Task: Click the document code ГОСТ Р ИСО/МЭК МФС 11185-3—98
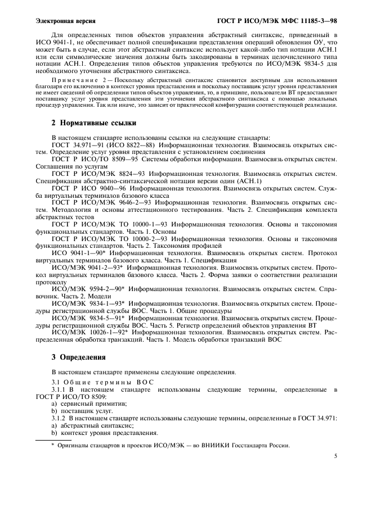[x=277, y=20]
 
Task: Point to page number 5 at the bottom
[x=335, y=456]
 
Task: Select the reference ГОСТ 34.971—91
[x=74, y=144]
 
